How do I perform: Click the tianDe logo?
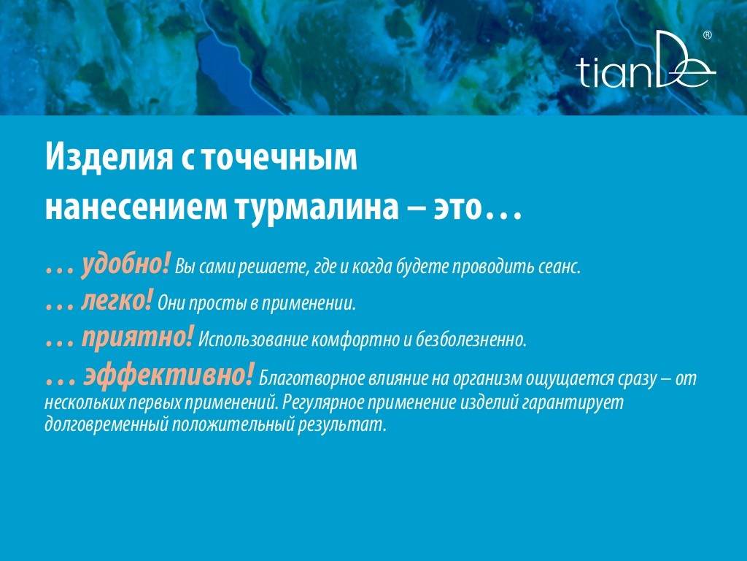(646, 60)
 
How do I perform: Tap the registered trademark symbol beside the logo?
(708, 35)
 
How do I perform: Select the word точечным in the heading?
(279, 159)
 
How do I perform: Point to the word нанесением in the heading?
(136, 208)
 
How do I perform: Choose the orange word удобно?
(125, 264)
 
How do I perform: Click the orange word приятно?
(138, 338)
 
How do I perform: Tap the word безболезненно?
(471, 340)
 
